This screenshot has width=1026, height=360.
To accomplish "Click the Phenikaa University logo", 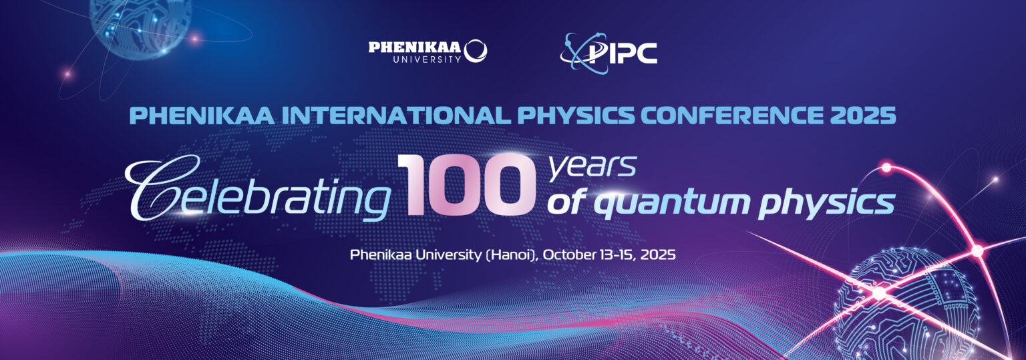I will [x=427, y=51].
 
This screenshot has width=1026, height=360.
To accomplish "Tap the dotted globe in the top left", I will [x=140, y=23].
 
